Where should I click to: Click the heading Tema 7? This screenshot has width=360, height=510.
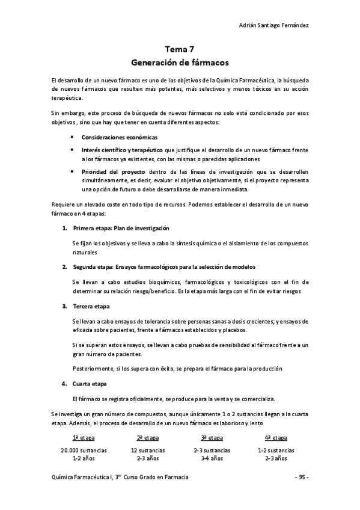180,51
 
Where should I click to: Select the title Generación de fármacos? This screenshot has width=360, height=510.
180,62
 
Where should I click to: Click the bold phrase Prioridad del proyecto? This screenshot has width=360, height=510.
108,171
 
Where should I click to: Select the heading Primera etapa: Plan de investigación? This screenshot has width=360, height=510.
121,228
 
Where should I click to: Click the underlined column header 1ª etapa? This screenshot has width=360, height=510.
84,438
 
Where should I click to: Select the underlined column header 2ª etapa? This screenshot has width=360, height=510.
148,438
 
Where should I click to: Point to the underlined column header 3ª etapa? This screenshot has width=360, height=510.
212,438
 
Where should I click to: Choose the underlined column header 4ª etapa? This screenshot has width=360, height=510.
276,438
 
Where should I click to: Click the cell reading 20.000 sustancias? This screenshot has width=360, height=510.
84,450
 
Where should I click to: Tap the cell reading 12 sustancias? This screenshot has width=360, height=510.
148,450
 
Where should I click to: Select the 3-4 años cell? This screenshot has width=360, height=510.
212,458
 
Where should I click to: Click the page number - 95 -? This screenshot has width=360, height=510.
301,477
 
